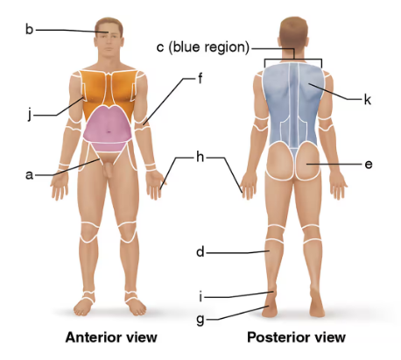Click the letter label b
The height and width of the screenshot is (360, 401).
click(29, 30)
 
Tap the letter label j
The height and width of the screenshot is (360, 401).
click(29, 112)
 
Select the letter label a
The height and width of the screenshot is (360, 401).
click(29, 174)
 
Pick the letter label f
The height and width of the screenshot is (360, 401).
click(200, 78)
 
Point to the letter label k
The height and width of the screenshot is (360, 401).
click(368, 100)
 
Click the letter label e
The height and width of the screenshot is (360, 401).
click(369, 164)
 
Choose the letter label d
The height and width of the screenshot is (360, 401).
click(200, 252)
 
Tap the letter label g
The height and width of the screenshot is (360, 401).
click(200, 319)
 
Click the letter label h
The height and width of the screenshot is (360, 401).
click(200, 158)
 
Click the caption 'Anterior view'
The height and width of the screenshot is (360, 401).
click(111, 337)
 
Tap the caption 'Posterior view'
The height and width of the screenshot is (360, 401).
click(296, 337)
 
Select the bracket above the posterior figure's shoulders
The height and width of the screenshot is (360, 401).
click(293, 60)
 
